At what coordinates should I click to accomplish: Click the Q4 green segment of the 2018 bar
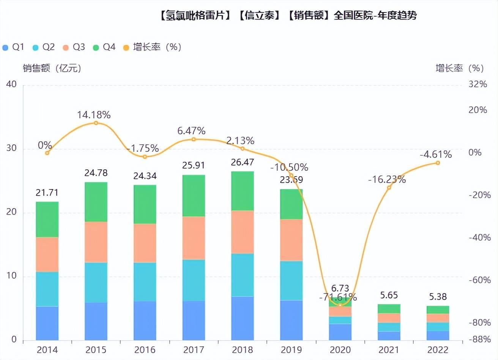click(242, 191)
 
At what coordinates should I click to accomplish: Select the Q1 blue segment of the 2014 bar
click(47, 323)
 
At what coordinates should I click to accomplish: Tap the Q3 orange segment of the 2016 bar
click(145, 243)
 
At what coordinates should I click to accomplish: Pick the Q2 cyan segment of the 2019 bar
click(291, 281)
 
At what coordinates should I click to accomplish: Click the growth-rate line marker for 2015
click(96, 123)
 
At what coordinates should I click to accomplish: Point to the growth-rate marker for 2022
click(438, 163)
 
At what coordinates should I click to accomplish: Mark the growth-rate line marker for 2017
click(194, 139)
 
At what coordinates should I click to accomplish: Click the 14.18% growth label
click(94, 115)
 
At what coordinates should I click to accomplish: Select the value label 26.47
click(242, 162)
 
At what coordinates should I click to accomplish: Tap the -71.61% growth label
click(338, 297)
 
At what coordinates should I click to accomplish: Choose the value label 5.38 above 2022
click(438, 296)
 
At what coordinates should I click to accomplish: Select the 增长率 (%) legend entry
click(152, 47)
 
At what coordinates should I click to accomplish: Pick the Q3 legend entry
click(74, 47)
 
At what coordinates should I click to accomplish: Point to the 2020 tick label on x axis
click(340, 350)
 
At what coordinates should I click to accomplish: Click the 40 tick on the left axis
click(11, 84)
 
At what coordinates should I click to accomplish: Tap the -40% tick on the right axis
click(480, 237)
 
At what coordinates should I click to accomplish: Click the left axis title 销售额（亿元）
click(52, 68)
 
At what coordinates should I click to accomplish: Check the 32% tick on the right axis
click(478, 84)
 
